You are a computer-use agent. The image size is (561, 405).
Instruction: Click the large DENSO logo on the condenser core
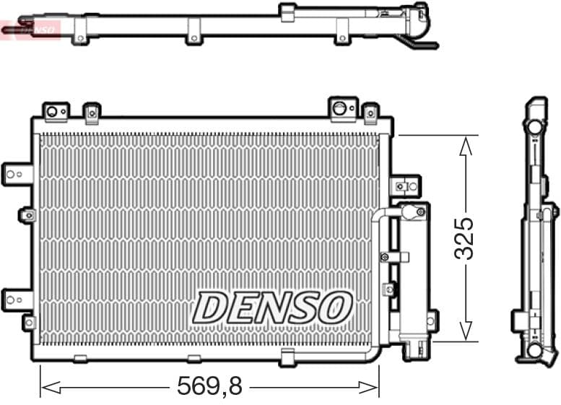[272, 308]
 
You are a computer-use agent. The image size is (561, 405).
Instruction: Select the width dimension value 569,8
[209, 386]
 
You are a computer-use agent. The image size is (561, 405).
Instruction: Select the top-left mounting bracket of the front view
[56, 110]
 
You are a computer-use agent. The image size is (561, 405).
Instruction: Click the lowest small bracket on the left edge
[28, 322]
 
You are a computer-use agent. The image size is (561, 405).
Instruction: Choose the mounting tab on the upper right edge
[405, 186]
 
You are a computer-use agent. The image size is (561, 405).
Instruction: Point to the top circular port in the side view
[534, 126]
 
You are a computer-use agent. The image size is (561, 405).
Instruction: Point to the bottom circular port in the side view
[534, 350]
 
